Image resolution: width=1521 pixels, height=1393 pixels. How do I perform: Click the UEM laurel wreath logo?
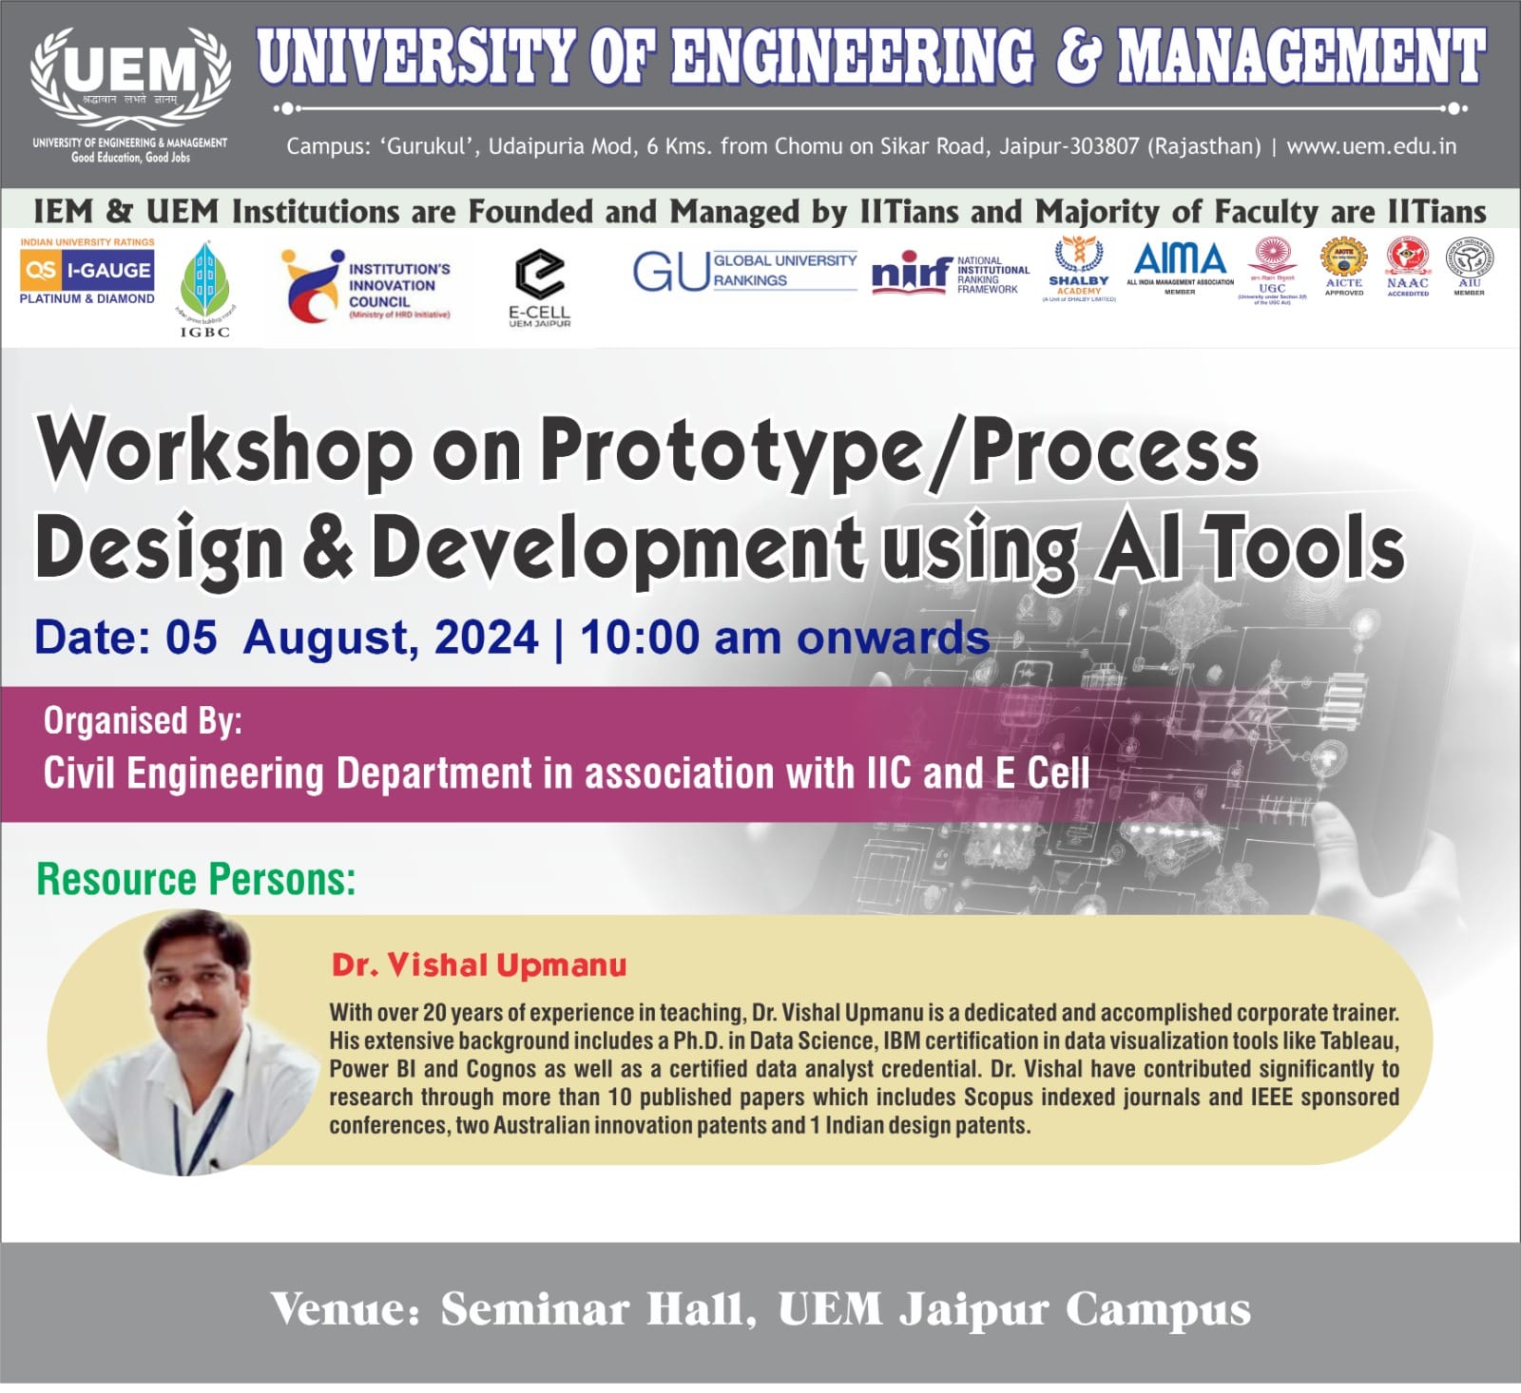coord(130,81)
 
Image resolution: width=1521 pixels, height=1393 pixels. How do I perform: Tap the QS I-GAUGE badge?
coord(87,272)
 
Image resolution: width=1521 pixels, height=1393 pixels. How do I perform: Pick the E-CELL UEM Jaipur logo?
coord(539,286)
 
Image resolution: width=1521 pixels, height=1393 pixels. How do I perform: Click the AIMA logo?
coord(1180,265)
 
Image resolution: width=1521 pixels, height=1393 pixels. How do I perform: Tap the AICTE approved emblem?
coord(1343,266)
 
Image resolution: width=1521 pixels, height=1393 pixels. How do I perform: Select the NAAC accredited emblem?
coord(1407,266)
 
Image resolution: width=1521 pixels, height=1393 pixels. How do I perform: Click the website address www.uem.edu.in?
coord(1371,146)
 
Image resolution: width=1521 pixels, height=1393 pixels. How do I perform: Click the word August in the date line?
coord(331,638)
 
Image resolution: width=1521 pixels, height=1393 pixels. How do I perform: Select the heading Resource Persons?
coord(196,879)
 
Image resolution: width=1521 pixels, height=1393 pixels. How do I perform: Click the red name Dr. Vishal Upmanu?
coord(479,965)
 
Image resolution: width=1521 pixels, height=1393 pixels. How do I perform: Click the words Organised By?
coord(143,721)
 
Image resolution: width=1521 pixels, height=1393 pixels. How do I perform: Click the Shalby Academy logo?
coord(1078,269)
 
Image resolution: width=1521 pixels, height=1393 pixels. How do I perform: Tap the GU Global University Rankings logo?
coord(745,271)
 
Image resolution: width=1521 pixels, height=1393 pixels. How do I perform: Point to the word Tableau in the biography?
coord(1359,1040)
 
